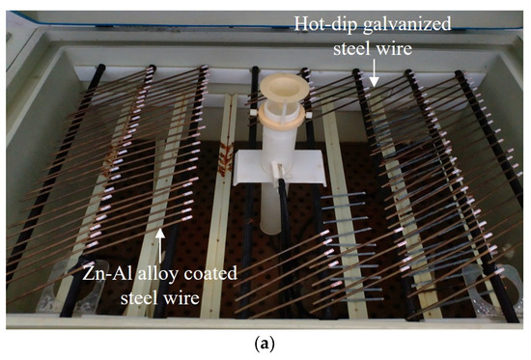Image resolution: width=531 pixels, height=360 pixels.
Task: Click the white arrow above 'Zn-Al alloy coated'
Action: (x=161, y=235)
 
